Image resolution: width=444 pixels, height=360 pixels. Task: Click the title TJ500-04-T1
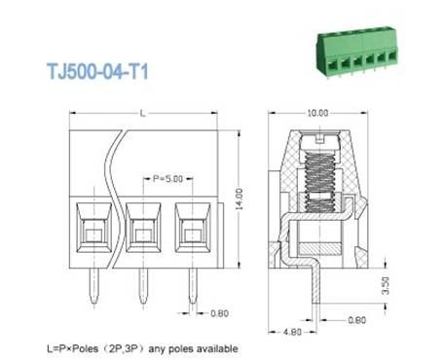pyautogui.click(x=101, y=72)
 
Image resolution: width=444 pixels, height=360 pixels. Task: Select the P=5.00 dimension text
pyautogui.click(x=143, y=178)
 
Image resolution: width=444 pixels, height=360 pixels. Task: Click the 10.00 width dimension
pyautogui.click(x=316, y=114)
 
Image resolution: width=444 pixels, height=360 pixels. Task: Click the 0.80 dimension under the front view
pyautogui.click(x=221, y=313)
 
